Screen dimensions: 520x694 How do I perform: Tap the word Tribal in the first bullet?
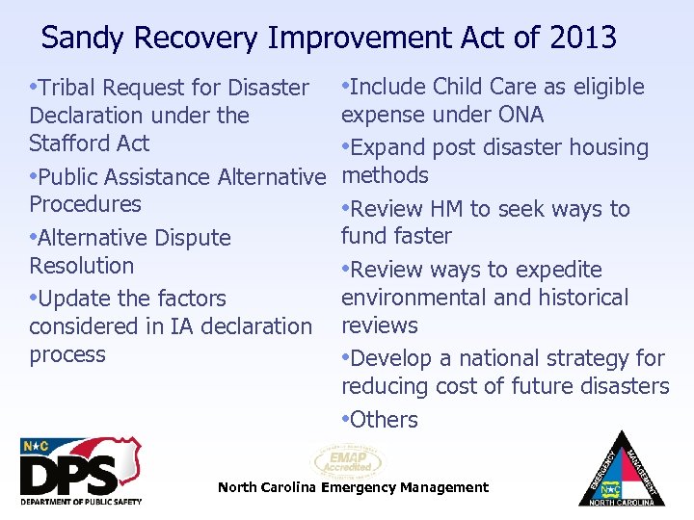click(x=68, y=88)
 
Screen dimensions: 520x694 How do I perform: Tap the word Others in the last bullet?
click(x=385, y=420)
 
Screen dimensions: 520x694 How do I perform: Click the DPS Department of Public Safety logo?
click(x=81, y=471)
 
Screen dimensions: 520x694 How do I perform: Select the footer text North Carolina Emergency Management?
click(x=353, y=488)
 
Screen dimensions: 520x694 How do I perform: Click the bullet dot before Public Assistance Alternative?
click(x=34, y=176)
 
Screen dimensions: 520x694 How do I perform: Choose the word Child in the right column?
click(x=461, y=87)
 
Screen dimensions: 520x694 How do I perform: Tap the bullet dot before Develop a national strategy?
click(x=345, y=358)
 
